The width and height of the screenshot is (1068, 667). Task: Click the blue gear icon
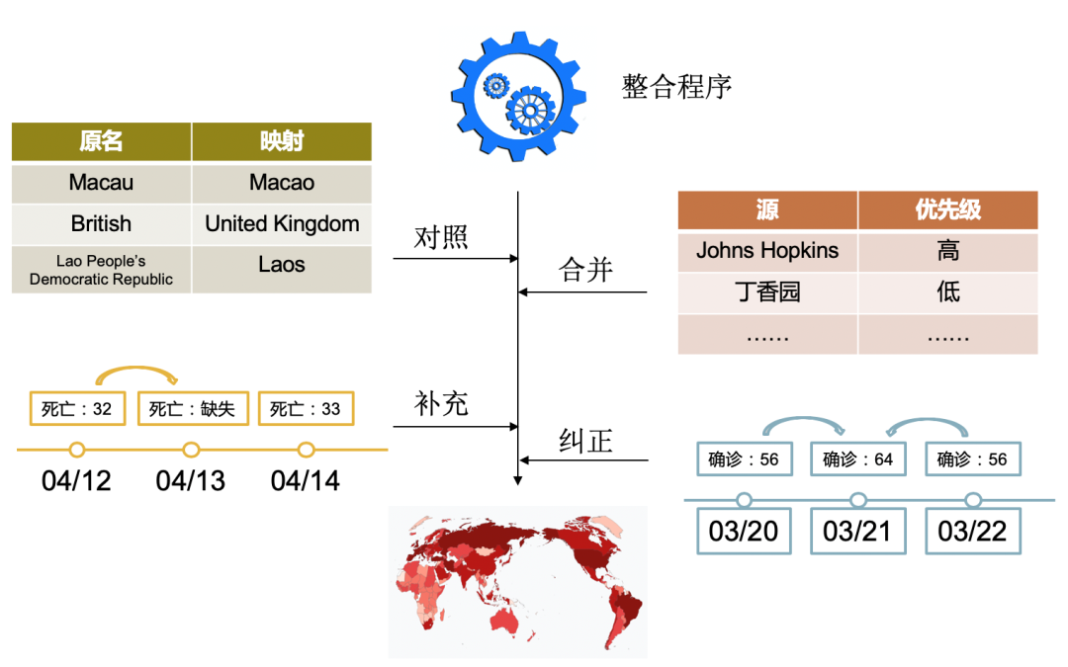pos(516,97)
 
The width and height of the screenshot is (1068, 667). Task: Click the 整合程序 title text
pos(676,86)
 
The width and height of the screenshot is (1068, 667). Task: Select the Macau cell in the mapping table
pos(101,183)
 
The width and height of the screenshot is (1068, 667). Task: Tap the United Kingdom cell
pos(282,224)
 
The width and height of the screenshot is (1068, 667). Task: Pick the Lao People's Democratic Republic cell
pos(101,270)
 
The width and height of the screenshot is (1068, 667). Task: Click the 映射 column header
pos(282,141)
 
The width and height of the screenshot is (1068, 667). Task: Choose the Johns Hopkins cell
pos(767,251)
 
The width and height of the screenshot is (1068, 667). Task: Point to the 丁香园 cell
pos(767,292)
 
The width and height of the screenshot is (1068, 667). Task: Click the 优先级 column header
pos(947,209)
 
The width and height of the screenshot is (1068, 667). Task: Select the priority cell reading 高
pos(947,251)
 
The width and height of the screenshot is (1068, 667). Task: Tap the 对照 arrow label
pos(441,238)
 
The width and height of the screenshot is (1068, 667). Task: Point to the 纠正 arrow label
pos(586,441)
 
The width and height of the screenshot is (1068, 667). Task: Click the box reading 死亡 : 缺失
pos(192,408)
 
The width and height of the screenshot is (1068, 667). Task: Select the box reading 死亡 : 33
pos(306,408)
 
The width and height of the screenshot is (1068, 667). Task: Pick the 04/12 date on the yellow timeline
pos(76,481)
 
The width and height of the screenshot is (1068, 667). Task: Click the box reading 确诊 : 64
pos(857,459)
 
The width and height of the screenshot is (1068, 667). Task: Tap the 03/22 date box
pos(972,532)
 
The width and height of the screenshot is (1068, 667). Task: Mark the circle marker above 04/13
pos(192,450)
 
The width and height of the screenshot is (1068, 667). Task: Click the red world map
pos(517,581)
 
